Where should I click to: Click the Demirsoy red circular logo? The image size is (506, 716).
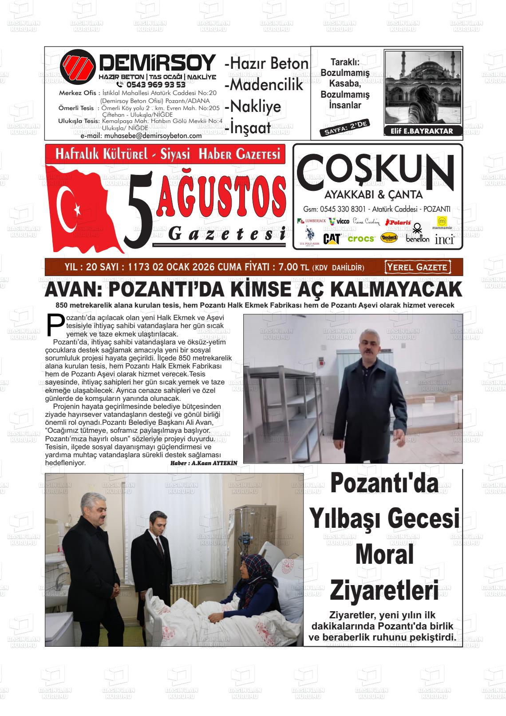click(x=78, y=67)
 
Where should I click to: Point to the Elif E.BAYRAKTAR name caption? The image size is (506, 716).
click(x=422, y=131)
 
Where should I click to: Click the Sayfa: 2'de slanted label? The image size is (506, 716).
click(x=344, y=127)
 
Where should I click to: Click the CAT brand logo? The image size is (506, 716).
click(x=332, y=239)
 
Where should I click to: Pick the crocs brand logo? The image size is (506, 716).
click(x=361, y=239)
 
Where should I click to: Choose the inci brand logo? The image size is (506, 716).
click(x=444, y=240)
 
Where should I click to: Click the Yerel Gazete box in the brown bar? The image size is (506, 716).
click(x=417, y=267)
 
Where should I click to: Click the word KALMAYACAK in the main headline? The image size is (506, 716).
click(x=396, y=290)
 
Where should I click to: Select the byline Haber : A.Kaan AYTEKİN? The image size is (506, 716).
click(x=204, y=463)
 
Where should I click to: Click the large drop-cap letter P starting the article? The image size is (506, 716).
click(x=55, y=324)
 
